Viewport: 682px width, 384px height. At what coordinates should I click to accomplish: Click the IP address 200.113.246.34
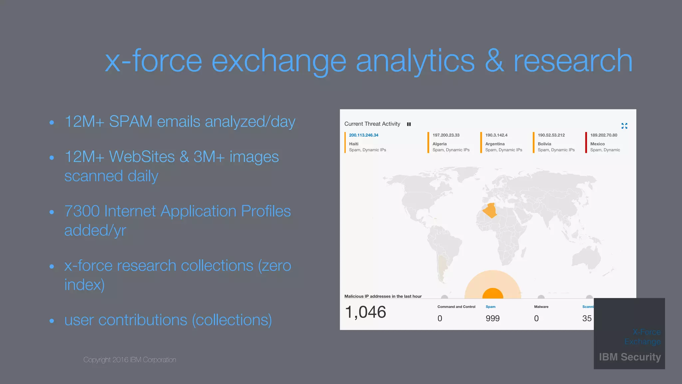363,135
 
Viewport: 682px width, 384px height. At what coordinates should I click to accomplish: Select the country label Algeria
439,144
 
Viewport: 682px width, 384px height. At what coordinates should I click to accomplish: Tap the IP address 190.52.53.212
551,135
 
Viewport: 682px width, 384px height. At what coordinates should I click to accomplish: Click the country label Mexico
597,144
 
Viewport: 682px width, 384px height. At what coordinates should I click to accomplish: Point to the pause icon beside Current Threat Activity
409,124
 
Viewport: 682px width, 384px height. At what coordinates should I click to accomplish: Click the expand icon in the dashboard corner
624,126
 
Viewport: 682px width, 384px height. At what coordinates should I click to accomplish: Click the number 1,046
365,312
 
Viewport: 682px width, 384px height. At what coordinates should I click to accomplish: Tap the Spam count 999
492,318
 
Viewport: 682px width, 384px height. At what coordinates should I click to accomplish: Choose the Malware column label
541,307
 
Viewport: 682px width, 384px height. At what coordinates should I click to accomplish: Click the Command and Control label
456,307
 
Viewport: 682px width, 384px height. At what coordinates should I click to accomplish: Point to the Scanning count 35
587,318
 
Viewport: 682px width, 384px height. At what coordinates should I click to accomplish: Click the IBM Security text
629,357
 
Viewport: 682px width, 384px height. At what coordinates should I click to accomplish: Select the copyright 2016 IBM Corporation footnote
130,360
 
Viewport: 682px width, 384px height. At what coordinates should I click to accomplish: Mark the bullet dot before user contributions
52,321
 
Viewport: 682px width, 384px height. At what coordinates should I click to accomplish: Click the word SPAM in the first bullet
131,121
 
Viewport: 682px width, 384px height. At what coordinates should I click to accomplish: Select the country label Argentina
495,144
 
